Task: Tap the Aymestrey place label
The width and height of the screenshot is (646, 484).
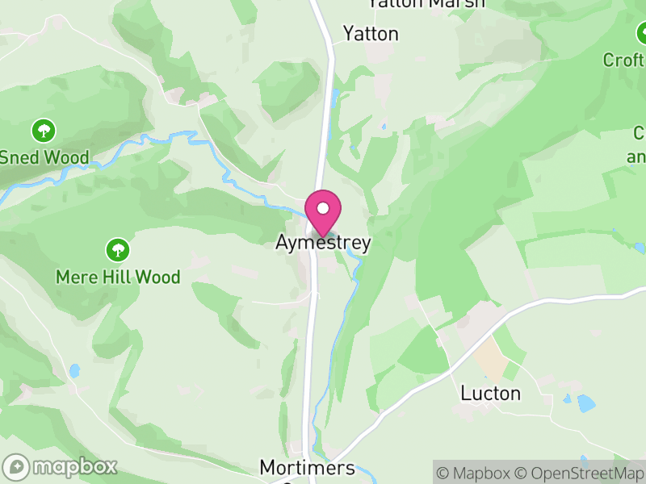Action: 323,243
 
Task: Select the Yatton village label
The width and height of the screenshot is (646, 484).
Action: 371,34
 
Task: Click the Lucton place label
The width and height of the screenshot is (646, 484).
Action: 490,394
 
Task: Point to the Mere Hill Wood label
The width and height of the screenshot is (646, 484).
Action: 118,277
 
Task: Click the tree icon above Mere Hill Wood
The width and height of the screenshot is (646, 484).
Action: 118,249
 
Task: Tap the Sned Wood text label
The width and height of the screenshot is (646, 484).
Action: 44,157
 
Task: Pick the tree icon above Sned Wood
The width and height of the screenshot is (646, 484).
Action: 44,129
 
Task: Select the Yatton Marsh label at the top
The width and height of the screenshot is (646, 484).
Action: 426,4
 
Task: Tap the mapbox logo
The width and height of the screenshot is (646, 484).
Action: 61,466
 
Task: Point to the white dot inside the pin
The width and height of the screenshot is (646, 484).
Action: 323,208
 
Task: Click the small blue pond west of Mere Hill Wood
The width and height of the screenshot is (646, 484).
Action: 74,371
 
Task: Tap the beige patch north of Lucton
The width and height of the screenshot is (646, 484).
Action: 492,357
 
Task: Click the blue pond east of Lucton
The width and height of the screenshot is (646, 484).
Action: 586,402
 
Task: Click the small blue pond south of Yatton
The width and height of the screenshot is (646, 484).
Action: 335,98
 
